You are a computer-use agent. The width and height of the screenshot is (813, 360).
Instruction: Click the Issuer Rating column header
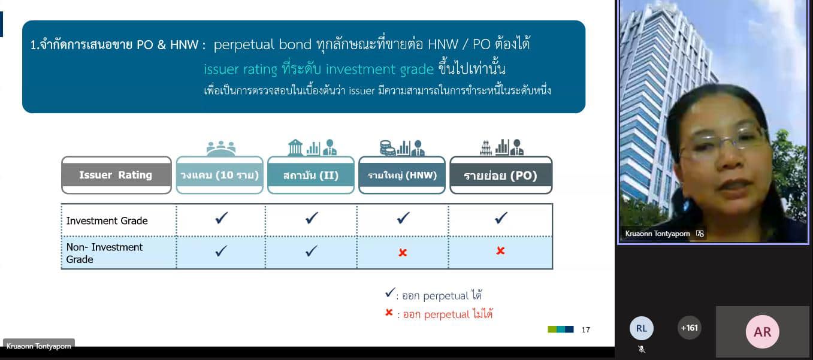click(116, 175)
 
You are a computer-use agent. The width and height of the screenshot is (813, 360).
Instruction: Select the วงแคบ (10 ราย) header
click(220, 175)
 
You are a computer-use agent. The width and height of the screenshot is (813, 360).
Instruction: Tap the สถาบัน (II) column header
click(311, 175)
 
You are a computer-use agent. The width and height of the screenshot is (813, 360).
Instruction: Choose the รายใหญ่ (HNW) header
click(402, 175)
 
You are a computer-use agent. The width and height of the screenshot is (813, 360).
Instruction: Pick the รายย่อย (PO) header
click(501, 175)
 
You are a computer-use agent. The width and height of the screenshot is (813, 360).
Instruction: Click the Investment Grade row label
click(107, 220)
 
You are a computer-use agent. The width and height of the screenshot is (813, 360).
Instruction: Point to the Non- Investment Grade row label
click(104, 253)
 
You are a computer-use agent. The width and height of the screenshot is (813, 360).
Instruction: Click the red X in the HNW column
click(403, 252)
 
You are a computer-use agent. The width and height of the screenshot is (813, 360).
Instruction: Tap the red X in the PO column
click(500, 251)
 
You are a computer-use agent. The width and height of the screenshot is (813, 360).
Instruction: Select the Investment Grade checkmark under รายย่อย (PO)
click(501, 218)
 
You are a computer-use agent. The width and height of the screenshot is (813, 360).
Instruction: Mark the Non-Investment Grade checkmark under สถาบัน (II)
click(312, 251)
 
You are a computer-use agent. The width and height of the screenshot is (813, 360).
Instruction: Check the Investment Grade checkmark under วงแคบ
click(222, 218)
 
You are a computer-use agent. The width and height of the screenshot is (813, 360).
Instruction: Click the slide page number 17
click(586, 329)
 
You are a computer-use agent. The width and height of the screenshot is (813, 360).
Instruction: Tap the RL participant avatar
click(641, 328)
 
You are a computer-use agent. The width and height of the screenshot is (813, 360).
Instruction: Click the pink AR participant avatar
click(762, 332)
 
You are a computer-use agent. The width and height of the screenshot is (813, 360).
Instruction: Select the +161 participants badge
click(689, 328)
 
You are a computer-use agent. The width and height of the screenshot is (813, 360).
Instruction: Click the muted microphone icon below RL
click(642, 349)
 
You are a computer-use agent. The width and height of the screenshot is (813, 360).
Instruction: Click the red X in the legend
click(389, 312)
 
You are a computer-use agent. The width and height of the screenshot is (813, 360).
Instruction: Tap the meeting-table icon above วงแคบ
click(220, 149)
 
